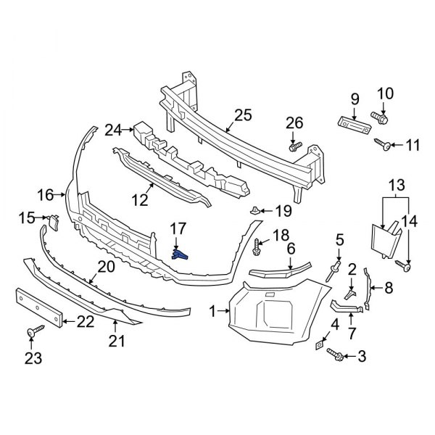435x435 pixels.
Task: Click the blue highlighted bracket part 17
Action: pos(181,254)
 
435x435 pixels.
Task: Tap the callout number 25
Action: pos(243,115)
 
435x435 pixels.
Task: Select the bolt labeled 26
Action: pos(294,147)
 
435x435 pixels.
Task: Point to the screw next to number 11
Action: pos(384,146)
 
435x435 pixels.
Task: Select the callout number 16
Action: pos(46,194)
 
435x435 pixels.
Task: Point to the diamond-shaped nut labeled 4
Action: pos(320,347)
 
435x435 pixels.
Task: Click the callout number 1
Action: pos(212,312)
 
